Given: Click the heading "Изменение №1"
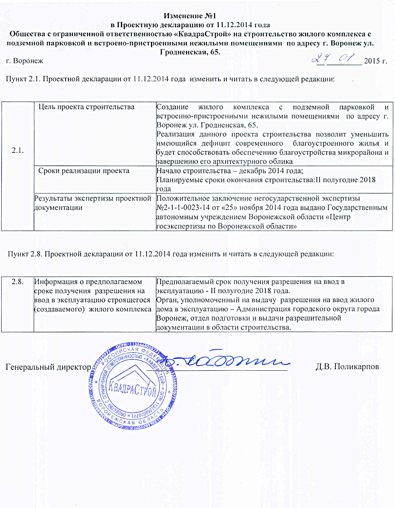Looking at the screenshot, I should (190, 17).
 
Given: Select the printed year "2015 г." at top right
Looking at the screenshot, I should (375, 61).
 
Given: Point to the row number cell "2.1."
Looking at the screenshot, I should (18, 150).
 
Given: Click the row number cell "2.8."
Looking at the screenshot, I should (18, 282).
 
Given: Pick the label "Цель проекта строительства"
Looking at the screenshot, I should (86, 107).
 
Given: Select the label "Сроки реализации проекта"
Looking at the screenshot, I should (84, 171).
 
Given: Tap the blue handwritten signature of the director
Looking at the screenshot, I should (225, 359).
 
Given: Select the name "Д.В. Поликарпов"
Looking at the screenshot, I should (347, 367).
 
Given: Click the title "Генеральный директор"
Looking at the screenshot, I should (48, 367).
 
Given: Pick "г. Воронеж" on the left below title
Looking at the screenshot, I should (24, 61).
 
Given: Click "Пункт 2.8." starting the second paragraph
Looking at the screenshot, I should (25, 254).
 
